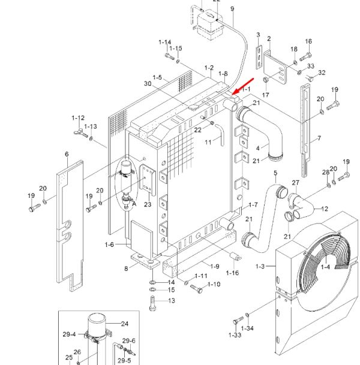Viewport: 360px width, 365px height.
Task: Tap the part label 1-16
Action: (x=232, y=273)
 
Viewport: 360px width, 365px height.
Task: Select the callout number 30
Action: (x=148, y=83)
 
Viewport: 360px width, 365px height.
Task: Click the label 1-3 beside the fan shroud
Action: (x=260, y=266)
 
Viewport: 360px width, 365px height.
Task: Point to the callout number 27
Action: (x=295, y=183)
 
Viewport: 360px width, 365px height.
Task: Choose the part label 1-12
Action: (x=78, y=118)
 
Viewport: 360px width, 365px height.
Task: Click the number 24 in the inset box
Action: (x=125, y=324)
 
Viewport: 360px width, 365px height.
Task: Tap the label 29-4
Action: (x=69, y=334)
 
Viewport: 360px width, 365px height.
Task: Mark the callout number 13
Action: (x=172, y=300)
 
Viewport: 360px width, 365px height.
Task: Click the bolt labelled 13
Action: (x=152, y=303)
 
